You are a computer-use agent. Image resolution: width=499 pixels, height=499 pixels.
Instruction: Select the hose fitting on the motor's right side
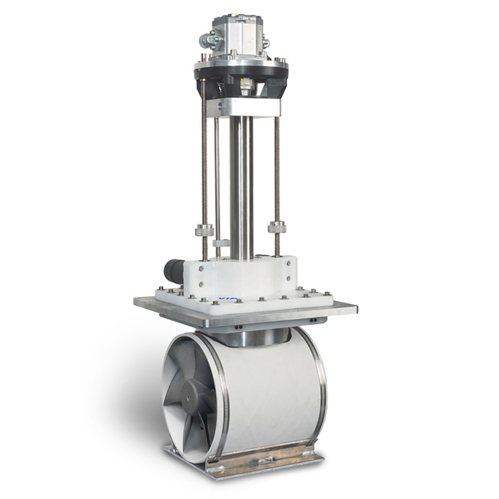(x=266, y=41)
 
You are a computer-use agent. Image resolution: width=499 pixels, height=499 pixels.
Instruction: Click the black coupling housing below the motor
(x=241, y=78)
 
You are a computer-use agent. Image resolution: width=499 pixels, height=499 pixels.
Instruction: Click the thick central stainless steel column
(x=241, y=185)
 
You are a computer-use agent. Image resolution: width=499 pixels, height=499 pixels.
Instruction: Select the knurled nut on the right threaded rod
(x=277, y=227)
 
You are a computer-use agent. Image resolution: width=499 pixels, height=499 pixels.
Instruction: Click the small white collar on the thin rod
(x=220, y=243)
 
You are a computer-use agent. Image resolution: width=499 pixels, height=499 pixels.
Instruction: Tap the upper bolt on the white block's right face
(x=288, y=263)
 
